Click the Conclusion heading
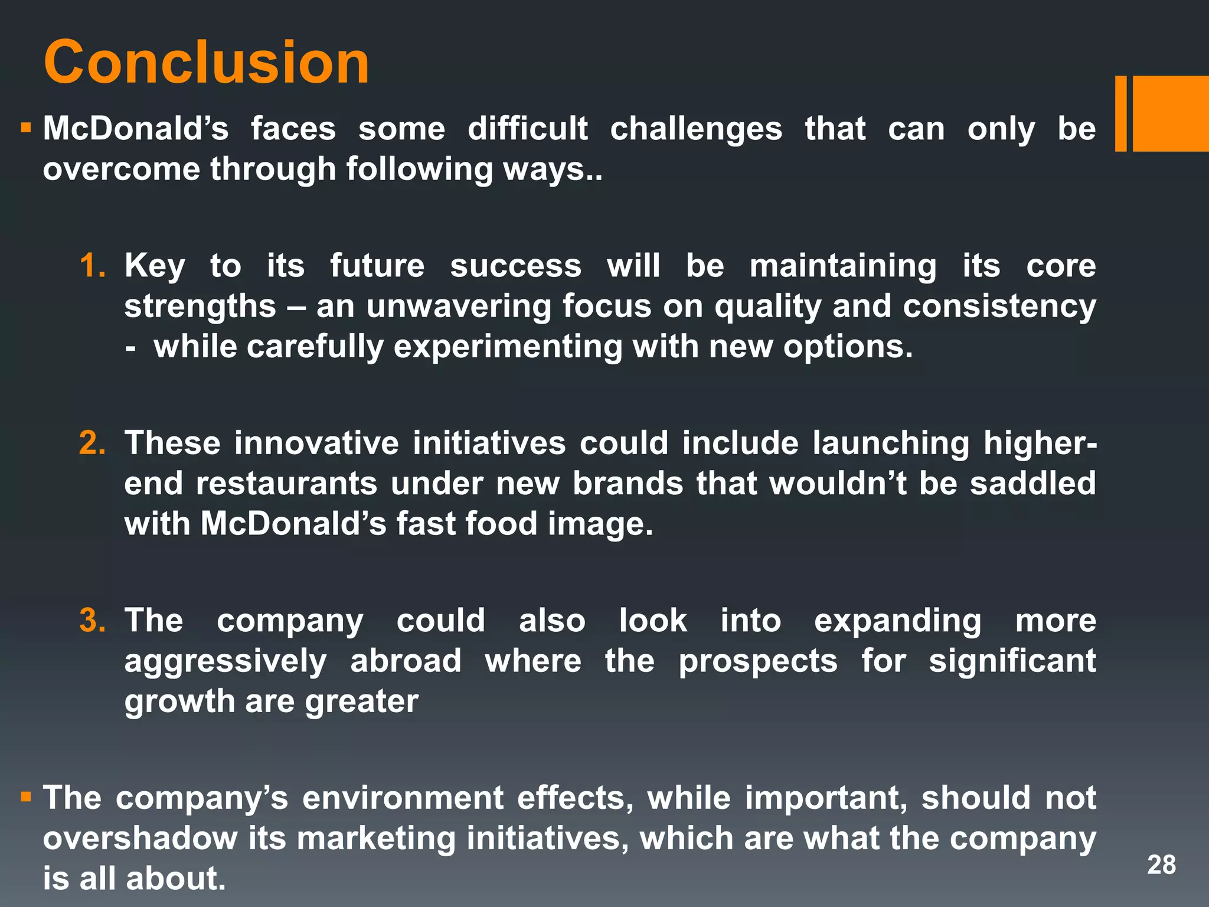[207, 62]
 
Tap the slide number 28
[1161, 864]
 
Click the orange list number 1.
[92, 265]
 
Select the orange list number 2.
[92, 443]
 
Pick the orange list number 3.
[92, 621]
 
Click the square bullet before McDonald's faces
[25, 128]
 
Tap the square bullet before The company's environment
[25, 798]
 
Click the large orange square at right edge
[1171, 113]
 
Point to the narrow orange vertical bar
[1120, 113]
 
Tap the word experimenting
[508, 347]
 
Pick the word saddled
[1032, 483]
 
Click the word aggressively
[225, 661]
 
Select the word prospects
[757, 661]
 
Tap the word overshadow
[140, 839]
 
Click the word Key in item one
[155, 266]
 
